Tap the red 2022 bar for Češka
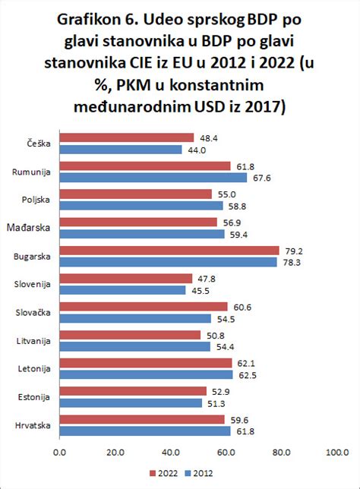tap(126, 137)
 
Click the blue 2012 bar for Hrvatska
tap(145, 431)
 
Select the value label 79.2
tap(292, 250)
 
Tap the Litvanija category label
tap(33, 341)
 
